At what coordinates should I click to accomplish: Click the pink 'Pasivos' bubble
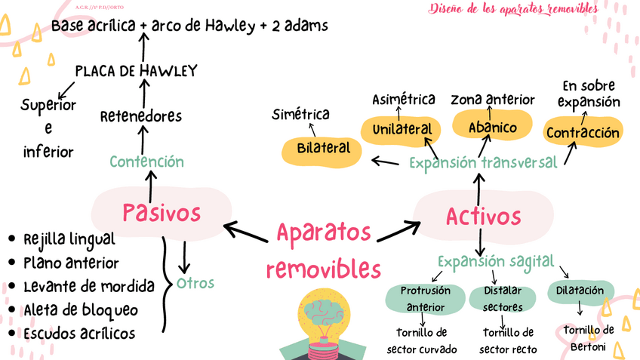(x=162, y=211)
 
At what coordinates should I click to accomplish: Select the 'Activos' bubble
(x=483, y=217)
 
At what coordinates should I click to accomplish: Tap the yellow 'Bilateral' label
(x=323, y=149)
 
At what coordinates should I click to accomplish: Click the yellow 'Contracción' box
(x=583, y=134)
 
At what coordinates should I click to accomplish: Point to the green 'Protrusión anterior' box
(x=425, y=298)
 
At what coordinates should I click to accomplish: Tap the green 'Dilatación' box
(x=580, y=291)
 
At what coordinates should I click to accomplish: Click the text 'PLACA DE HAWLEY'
(x=136, y=71)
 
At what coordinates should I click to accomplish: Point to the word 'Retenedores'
(x=141, y=116)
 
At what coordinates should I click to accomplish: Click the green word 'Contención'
(x=146, y=162)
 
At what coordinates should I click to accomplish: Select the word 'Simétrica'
(x=301, y=114)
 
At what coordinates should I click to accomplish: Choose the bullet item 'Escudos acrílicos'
(x=79, y=333)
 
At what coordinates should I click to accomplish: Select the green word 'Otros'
(x=195, y=284)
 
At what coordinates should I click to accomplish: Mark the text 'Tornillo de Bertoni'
(x=588, y=337)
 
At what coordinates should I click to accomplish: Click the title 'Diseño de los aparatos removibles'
(x=513, y=9)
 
